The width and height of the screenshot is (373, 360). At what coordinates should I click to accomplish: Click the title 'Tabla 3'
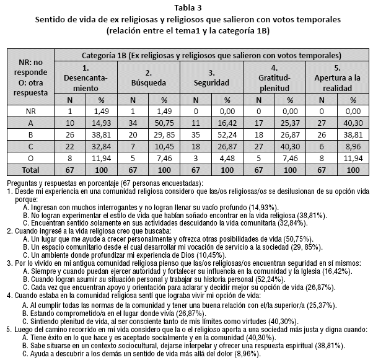[x=186, y=7]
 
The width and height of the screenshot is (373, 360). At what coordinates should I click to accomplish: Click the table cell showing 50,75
[x=164, y=123]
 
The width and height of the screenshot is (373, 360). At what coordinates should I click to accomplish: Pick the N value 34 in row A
[x=133, y=123]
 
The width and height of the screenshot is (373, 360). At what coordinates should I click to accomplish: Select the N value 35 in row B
[x=195, y=134]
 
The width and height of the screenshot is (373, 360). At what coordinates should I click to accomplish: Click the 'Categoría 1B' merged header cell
[x=211, y=55]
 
